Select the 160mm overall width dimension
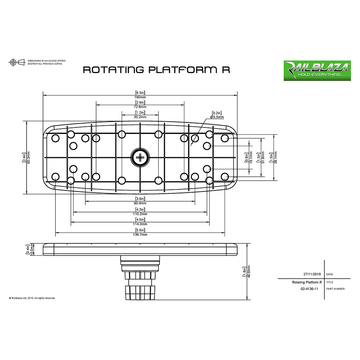[140, 97]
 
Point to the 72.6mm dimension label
[140, 107]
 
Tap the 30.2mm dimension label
[140, 117]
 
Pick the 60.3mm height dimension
[29, 157]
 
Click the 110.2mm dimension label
[140, 214]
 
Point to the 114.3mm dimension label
[140, 224]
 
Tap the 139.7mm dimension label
[140, 234]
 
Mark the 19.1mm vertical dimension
[251, 157]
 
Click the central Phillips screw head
[140, 158]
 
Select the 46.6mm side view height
[249, 272]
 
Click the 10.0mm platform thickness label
[32, 249]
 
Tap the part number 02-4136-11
[309, 289]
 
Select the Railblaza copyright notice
[32, 298]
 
